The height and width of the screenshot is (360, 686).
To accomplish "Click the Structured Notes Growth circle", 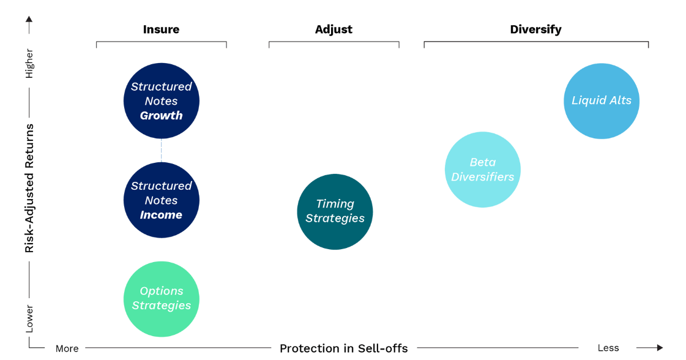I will (161, 100).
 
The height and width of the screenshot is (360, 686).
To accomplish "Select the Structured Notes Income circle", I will (161, 200).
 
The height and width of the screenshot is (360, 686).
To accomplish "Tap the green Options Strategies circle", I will (162, 299).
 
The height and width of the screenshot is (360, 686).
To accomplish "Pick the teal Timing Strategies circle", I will (335, 211).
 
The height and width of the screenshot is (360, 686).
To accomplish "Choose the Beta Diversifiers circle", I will (482, 170).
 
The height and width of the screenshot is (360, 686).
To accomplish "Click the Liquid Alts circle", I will (602, 101).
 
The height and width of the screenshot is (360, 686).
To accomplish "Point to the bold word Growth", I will (161, 116).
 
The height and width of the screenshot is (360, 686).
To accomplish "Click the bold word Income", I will (161, 215).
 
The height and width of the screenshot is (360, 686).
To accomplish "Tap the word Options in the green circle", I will (162, 291).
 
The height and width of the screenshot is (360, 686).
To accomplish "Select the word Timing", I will (335, 204).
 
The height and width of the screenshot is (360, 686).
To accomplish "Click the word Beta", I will (482, 162).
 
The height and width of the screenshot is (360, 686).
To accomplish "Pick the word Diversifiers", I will (482, 177).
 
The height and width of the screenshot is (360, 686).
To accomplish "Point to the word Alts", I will (619, 100).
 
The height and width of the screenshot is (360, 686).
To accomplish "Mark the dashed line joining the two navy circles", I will (162, 150).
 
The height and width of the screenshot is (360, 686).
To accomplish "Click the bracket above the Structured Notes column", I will (161, 42).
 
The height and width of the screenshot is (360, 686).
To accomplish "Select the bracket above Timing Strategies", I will (334, 42).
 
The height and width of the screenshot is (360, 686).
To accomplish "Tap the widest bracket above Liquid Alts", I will (536, 42).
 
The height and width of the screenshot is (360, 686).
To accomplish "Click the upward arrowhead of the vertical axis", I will (29, 20).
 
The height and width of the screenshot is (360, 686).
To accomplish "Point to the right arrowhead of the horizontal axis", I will (659, 348).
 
